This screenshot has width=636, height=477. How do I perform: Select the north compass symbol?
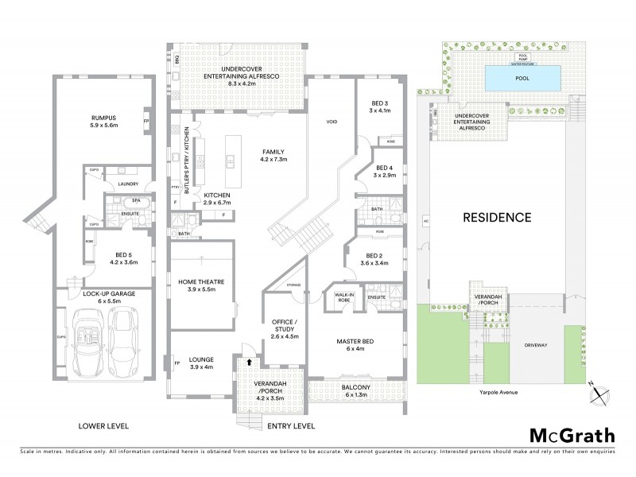(601, 390)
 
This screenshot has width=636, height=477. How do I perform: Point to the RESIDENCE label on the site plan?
(498, 216)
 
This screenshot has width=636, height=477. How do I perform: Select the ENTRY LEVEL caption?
(290, 426)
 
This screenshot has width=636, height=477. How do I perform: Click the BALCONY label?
(357, 389)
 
